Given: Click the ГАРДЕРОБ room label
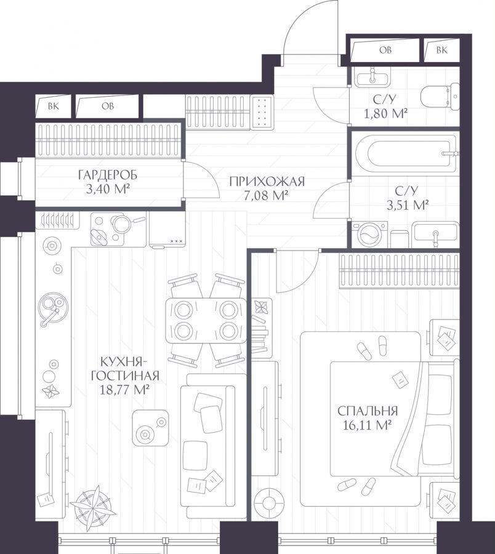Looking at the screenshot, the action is (x=107, y=175).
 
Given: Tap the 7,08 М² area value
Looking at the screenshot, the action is (x=265, y=195).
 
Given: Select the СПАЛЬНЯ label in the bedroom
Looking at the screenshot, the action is (x=368, y=411).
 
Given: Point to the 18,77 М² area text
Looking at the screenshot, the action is (x=125, y=390).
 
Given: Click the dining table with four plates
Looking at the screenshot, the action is (x=206, y=321).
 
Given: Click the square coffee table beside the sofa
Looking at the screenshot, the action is (x=150, y=428).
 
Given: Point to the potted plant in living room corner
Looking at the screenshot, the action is (x=94, y=503).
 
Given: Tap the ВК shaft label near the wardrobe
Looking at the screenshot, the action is (x=54, y=106).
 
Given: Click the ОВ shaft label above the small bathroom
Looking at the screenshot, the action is (x=385, y=50).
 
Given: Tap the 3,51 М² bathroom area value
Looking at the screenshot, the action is (x=408, y=205).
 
